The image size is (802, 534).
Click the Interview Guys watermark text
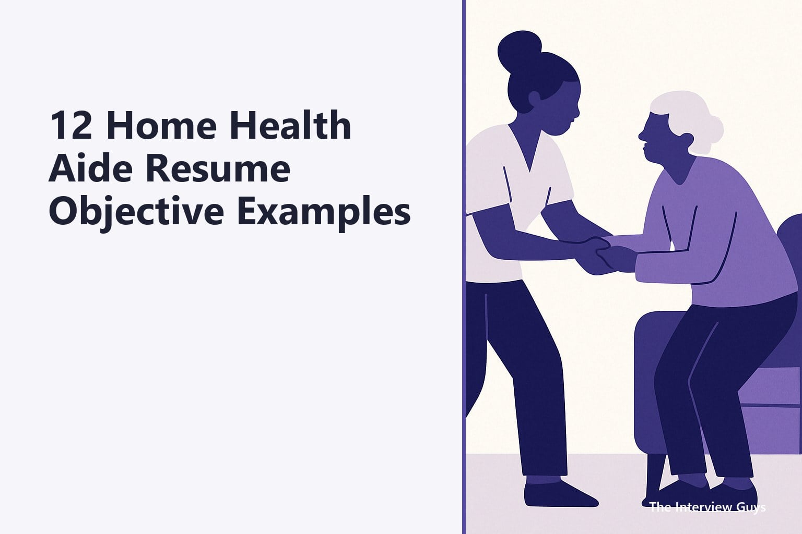(707, 507)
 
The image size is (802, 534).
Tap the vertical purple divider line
(464, 267)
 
